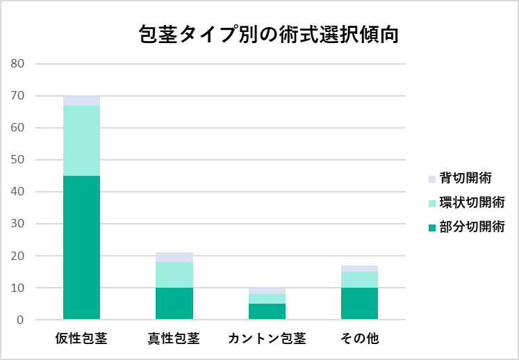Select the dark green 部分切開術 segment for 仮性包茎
tap(81, 247)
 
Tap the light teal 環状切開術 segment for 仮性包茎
tap(81, 140)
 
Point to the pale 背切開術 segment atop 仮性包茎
tap(81, 101)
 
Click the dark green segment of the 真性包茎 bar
tap(174, 304)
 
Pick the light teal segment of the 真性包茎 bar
tap(174, 275)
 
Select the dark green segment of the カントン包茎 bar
tap(267, 311)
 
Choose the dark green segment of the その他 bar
tap(359, 304)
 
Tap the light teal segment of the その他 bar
tap(359, 279)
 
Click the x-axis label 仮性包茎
tap(81, 339)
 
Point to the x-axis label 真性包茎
tap(174, 339)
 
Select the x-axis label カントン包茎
tap(267, 339)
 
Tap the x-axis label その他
tap(359, 339)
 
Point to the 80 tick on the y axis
tap(17, 64)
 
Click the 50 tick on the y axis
tap(17, 160)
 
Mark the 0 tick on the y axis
tap(21, 320)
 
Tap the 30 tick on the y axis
tap(17, 224)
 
